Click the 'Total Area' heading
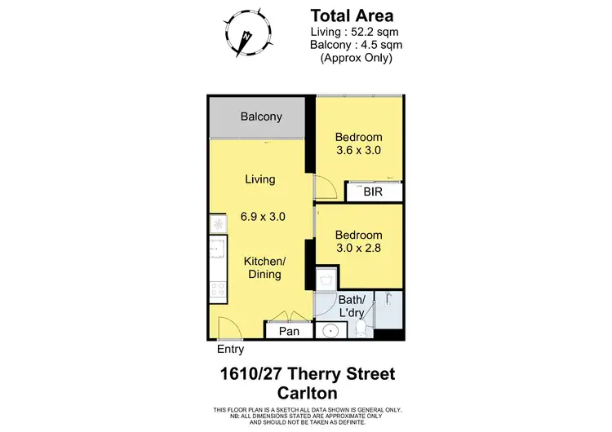pos(352,15)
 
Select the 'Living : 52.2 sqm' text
pos(352,32)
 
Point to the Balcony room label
pos(261,117)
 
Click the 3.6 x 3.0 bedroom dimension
pos(359,150)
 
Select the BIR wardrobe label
pos(373,192)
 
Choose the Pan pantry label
pos(289,331)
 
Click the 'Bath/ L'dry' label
pos(351,307)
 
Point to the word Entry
pos(230,350)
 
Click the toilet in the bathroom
pos(361,329)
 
